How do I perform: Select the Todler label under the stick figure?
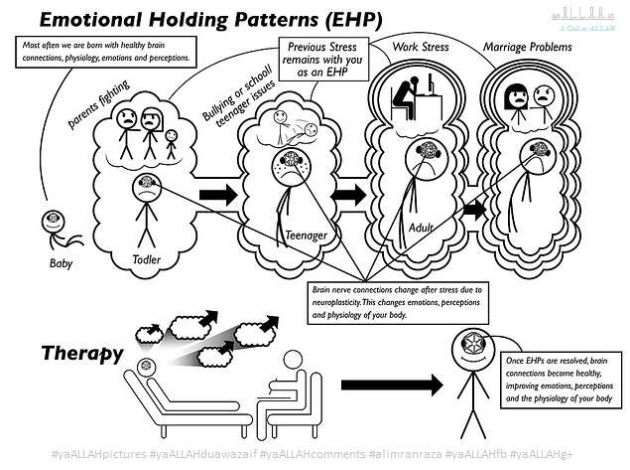click(x=146, y=259)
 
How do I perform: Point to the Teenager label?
click(x=307, y=235)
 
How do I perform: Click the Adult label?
click(x=422, y=228)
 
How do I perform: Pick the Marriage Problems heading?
click(x=528, y=46)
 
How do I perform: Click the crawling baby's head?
click(x=50, y=222)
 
